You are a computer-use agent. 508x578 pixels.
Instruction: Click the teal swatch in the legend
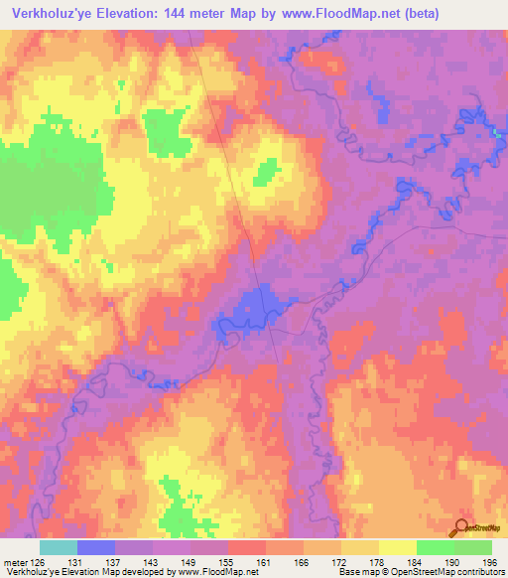pyautogui.click(x=59, y=547)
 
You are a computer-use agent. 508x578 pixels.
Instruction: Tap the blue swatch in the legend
pyautogui.click(x=96, y=547)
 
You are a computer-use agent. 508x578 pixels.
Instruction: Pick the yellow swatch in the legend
pyautogui.click(x=397, y=547)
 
